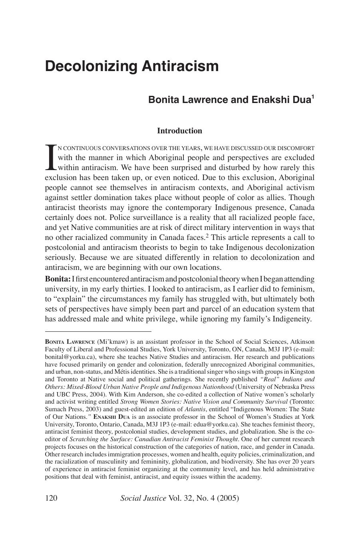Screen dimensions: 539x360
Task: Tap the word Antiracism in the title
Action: (180, 66)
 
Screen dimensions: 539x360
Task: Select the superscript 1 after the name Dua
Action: (313, 97)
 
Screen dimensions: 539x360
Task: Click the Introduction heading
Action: (179, 131)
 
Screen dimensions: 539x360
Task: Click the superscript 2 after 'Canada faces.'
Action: (207, 235)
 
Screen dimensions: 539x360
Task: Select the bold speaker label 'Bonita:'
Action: (58, 279)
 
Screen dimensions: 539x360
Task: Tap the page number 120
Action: (51, 498)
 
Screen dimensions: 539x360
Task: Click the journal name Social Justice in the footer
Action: (143, 498)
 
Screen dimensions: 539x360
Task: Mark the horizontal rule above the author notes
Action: (98, 331)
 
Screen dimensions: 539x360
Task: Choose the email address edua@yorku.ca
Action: (219, 424)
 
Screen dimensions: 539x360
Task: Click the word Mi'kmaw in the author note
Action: (110, 342)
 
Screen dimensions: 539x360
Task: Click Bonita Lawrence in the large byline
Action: (188, 99)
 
